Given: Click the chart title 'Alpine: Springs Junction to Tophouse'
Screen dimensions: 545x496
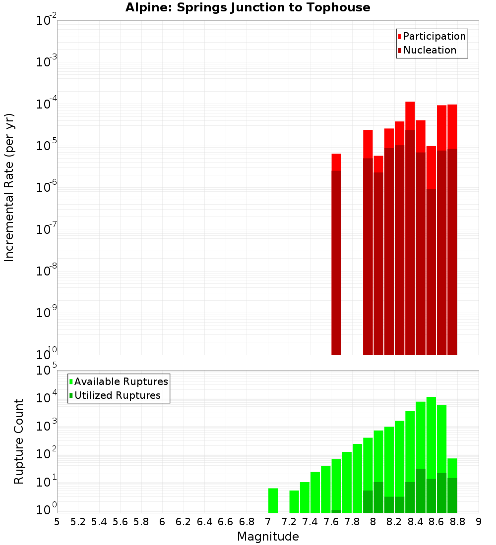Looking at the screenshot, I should pyautogui.click(x=248, y=7).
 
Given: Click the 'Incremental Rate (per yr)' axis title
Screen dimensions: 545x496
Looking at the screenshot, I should pyautogui.click(x=10, y=187).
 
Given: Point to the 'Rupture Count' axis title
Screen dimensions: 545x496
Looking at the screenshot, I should pyautogui.click(x=19, y=441).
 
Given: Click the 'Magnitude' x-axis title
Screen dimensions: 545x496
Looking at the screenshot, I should pyautogui.click(x=268, y=537).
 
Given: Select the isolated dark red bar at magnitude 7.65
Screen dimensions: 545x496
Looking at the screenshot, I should pyautogui.click(x=336, y=263).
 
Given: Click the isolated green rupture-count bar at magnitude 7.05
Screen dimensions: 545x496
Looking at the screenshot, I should pyautogui.click(x=273, y=500).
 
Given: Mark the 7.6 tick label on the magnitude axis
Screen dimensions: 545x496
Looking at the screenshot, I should pyautogui.click(x=331, y=522).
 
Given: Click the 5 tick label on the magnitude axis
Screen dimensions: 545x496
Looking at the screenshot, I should pyautogui.click(x=57, y=522).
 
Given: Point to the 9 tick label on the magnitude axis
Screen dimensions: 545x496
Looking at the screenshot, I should pyautogui.click(x=479, y=522).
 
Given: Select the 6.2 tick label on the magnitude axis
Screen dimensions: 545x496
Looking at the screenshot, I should pyautogui.click(x=184, y=522).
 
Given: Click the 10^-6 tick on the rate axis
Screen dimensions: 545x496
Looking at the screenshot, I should pyautogui.click(x=46, y=187).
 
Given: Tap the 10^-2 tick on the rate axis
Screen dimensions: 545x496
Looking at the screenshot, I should pyautogui.click(x=46, y=21).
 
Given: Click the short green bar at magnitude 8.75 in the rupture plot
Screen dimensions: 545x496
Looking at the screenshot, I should pyautogui.click(x=452, y=486).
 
